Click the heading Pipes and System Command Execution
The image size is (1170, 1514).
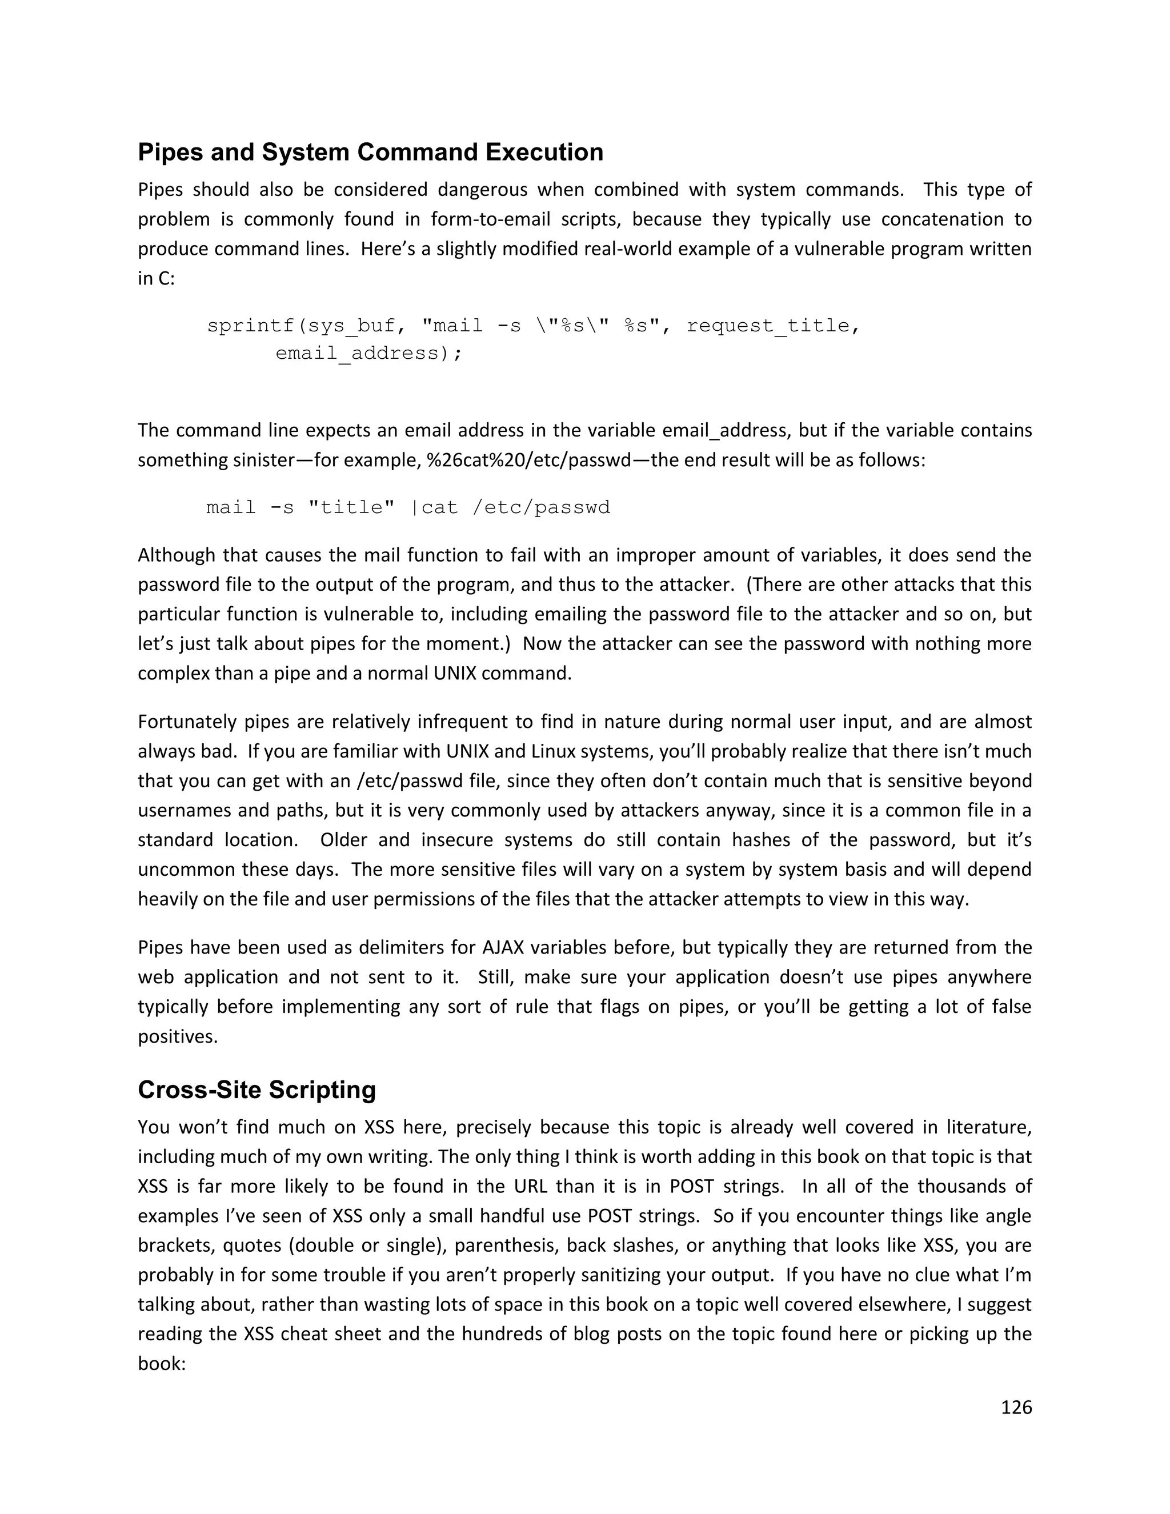click(x=370, y=152)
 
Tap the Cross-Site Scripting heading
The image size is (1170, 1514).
click(x=257, y=1089)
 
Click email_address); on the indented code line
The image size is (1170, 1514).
click(x=368, y=354)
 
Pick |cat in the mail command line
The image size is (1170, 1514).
click(x=435, y=507)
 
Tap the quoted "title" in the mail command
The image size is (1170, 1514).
click(x=351, y=507)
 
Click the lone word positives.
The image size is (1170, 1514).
click(x=178, y=1036)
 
